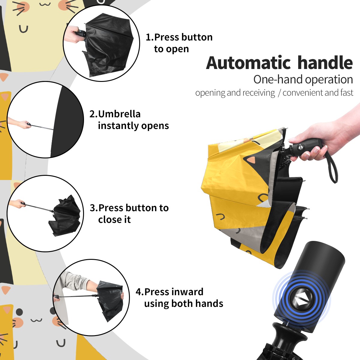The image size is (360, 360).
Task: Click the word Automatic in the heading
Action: pos(248,63)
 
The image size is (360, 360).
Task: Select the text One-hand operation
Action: pos(303,79)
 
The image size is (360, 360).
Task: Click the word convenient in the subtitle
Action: pos(303,93)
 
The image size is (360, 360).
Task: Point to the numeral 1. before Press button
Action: pos(150,37)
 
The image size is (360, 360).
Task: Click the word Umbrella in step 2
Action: pos(119,114)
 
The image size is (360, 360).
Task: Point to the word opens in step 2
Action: pos(155,126)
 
